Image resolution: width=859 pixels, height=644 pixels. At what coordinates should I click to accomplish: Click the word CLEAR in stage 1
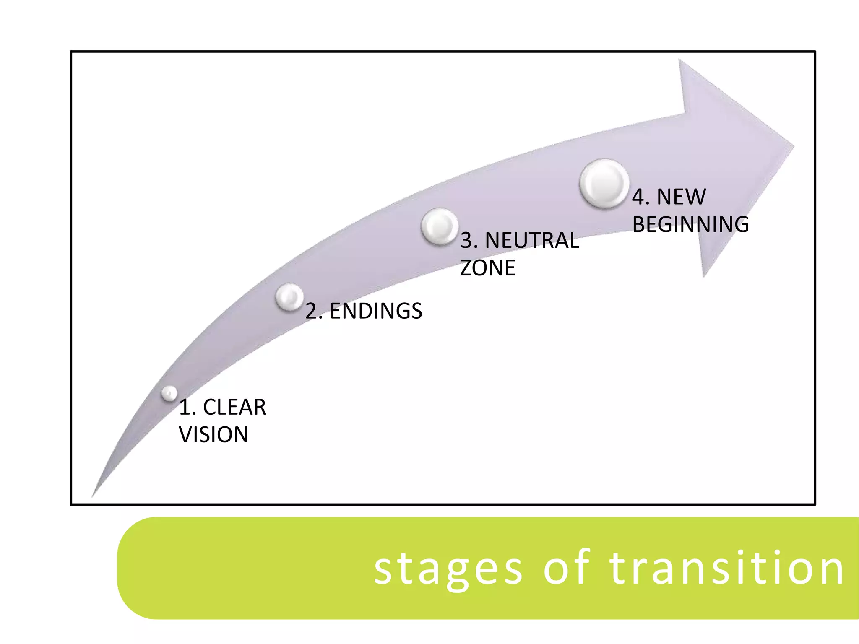234,407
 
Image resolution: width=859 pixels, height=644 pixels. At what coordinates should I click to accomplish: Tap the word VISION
213,434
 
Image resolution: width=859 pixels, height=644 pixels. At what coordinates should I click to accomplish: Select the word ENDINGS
376,311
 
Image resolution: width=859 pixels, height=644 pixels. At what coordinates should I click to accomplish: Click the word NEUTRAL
532,241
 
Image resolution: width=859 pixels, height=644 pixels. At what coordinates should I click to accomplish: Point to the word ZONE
487,268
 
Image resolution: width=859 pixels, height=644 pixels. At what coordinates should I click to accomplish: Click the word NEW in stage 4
681,197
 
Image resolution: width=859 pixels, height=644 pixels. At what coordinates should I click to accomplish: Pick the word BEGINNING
690,224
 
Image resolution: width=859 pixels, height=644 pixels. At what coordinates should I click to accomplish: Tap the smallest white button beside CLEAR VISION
169,393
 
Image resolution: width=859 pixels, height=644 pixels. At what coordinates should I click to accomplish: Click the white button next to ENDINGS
289,297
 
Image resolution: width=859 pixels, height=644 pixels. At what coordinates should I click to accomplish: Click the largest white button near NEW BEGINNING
604,184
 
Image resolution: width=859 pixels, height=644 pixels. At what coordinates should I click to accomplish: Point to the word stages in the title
448,569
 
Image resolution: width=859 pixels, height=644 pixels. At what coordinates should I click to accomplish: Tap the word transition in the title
726,569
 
